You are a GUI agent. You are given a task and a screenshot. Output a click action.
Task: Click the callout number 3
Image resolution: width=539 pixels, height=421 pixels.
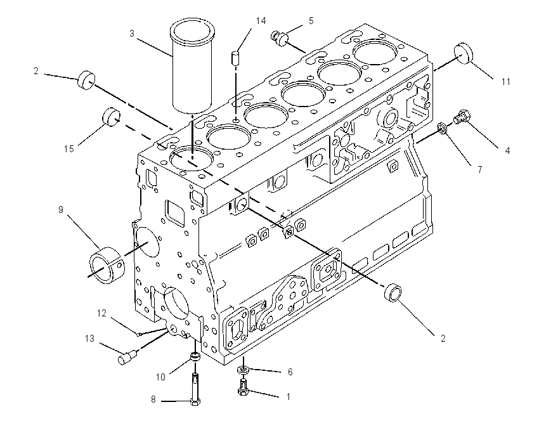132,34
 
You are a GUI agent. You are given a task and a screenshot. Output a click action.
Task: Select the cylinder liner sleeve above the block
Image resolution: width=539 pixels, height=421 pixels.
192,67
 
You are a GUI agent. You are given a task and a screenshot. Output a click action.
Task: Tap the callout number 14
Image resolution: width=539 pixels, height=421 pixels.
261,21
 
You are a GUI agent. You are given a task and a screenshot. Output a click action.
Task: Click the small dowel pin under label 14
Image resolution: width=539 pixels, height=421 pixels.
235,57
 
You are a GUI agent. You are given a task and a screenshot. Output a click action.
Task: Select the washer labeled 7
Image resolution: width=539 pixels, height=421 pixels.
442,129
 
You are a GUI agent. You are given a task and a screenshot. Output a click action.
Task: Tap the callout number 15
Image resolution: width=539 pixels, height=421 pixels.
68,148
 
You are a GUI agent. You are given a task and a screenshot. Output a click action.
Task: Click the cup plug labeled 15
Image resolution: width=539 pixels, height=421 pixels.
111,117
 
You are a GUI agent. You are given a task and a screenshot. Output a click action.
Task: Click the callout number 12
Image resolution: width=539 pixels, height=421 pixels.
101,313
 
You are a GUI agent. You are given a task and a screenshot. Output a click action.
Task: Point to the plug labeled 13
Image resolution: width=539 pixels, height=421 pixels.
127,357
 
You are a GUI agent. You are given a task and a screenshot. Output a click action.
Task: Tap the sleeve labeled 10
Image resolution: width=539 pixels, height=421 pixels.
195,356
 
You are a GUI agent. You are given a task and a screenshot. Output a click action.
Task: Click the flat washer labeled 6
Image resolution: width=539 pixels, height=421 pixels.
243,370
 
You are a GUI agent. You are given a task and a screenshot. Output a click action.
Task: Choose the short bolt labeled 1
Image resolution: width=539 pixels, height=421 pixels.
243,387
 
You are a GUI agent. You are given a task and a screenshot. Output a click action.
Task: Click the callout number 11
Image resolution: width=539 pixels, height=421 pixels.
505,82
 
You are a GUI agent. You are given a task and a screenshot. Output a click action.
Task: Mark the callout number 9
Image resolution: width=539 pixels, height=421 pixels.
60,210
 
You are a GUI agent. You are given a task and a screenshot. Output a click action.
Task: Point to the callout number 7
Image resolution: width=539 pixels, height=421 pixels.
480,169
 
